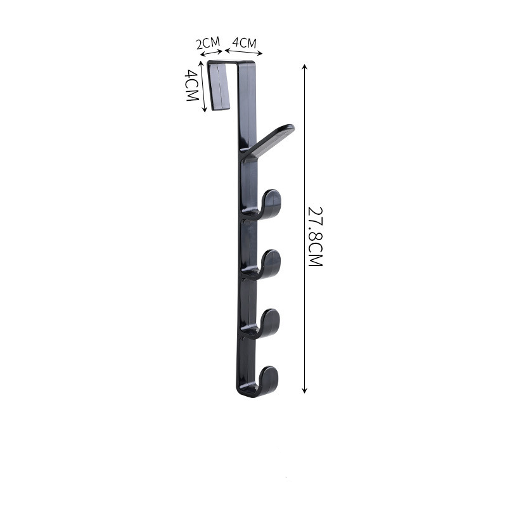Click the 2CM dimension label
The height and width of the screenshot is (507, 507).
click(209, 42)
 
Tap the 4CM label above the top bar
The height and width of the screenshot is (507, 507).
click(245, 42)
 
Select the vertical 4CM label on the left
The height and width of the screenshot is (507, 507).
click(192, 86)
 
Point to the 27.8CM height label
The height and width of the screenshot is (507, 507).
click(316, 236)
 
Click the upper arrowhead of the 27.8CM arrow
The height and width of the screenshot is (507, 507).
click(304, 67)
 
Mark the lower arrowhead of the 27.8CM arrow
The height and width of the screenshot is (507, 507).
click(304, 390)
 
